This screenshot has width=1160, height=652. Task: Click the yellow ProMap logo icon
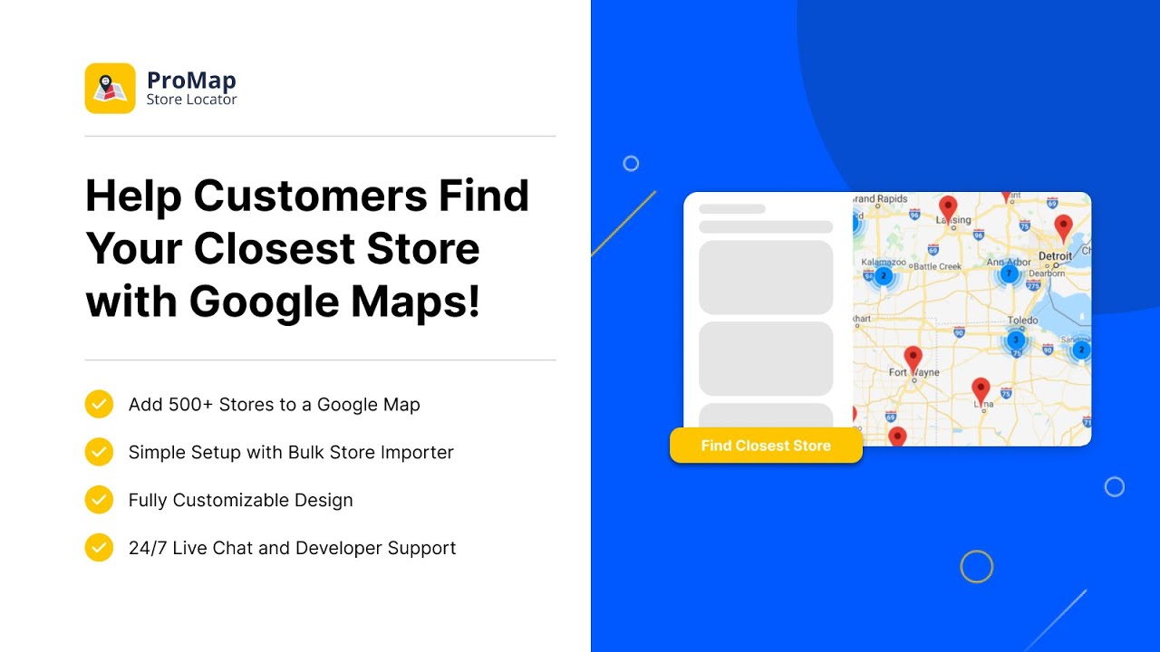click(110, 88)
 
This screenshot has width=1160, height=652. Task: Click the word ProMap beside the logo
click(191, 81)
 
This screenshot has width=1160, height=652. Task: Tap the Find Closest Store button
click(766, 446)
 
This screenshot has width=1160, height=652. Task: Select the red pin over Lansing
click(948, 207)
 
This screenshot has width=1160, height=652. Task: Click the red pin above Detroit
click(1063, 227)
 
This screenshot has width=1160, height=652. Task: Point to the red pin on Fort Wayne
click(913, 359)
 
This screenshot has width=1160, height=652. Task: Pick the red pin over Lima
click(981, 390)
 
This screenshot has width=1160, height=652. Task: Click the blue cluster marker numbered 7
click(1008, 273)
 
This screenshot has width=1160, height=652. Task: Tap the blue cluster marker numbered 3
click(1016, 340)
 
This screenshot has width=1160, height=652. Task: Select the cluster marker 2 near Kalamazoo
click(884, 276)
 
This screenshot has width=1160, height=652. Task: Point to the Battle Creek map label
click(937, 266)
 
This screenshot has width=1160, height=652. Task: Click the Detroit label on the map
click(1055, 256)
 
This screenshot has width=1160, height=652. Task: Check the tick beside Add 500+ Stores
click(99, 404)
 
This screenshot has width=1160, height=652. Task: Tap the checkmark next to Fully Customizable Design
click(99, 500)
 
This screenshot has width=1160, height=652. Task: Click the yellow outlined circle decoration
click(976, 567)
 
